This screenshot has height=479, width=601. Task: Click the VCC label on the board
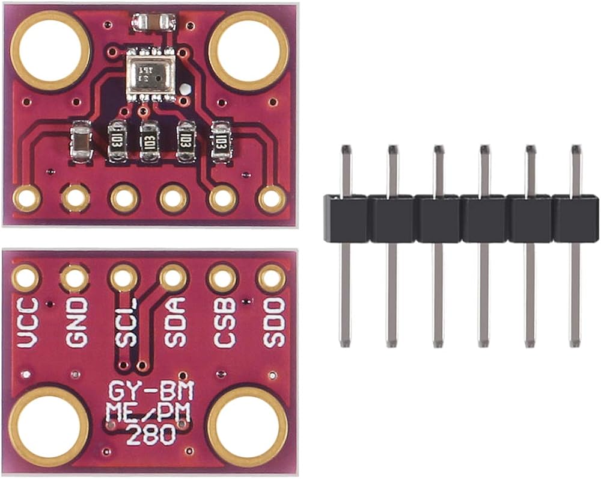pos(28,323)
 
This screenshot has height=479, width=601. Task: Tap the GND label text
pos(76,323)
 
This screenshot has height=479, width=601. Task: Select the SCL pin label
pos(126,323)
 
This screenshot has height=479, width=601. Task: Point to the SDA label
pos(174,323)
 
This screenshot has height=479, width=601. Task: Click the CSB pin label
pos(224,323)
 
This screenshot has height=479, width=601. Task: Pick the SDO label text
pos(272,323)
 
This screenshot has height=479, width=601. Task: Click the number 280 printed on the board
pos(151,434)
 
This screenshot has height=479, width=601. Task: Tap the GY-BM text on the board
pos(151,393)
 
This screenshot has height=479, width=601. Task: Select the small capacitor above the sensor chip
pos(154,23)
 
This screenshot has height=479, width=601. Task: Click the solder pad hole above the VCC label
pos(26,279)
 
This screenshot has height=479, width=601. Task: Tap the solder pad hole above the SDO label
pos(271,279)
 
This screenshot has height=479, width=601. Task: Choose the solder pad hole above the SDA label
pos(173,279)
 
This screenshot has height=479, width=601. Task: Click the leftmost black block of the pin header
pos(346,218)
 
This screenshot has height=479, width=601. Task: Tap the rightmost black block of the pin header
pos(575,218)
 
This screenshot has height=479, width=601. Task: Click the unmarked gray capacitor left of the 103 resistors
pos(81,142)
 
